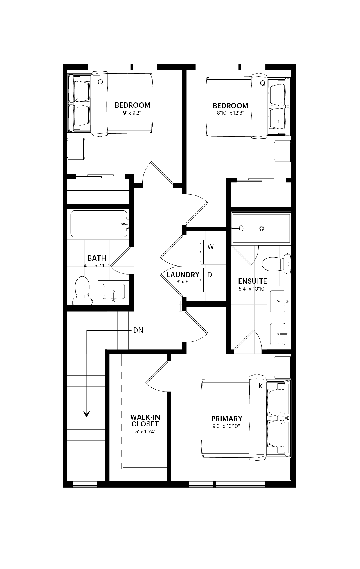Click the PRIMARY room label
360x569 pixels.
[x=226, y=419]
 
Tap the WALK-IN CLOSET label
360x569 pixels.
[x=145, y=420]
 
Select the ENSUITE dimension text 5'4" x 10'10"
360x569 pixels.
[x=252, y=289]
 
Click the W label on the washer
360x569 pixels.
[x=210, y=246]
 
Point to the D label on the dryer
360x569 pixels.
[x=210, y=274]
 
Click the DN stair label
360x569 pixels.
[x=138, y=330]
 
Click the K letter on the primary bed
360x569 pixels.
[x=261, y=386]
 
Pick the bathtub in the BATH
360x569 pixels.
[x=99, y=224]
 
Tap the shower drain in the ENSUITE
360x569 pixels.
[x=262, y=228]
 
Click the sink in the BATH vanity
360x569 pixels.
[x=114, y=292]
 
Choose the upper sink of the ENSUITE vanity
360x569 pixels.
[x=278, y=301]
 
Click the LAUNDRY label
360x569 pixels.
[x=183, y=275]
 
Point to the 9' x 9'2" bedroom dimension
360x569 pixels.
[x=132, y=113]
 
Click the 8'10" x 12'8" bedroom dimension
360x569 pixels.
[x=230, y=113]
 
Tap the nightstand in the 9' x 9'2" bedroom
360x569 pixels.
[x=76, y=149]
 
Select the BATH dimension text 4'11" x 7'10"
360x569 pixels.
[x=96, y=265]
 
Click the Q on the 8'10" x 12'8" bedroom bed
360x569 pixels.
[x=262, y=83]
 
